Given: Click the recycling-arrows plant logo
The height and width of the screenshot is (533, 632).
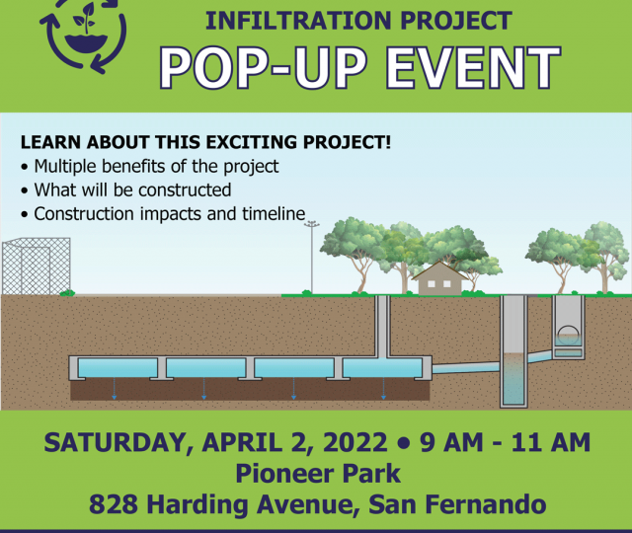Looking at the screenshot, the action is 84,34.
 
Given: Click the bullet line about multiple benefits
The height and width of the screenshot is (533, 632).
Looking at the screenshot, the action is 150,167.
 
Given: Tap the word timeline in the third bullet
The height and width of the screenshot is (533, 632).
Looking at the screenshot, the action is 274,213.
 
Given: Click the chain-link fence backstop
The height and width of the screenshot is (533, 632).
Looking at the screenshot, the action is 37,266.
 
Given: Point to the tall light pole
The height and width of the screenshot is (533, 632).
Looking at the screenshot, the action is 312,257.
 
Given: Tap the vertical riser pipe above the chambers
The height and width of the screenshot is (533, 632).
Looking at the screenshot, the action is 382,327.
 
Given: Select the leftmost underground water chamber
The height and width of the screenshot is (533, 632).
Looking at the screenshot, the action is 118,367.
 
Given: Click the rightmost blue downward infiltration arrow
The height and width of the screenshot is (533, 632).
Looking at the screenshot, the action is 383,388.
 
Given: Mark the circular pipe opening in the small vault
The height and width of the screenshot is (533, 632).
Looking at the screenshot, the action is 568,333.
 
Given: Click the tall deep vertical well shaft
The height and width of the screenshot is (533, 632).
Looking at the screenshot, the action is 513,351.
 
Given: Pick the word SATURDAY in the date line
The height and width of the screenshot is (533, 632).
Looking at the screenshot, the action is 115,443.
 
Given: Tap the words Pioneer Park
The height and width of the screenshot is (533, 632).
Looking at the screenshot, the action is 318,474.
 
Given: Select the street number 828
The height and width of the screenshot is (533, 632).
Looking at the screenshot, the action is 114,504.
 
